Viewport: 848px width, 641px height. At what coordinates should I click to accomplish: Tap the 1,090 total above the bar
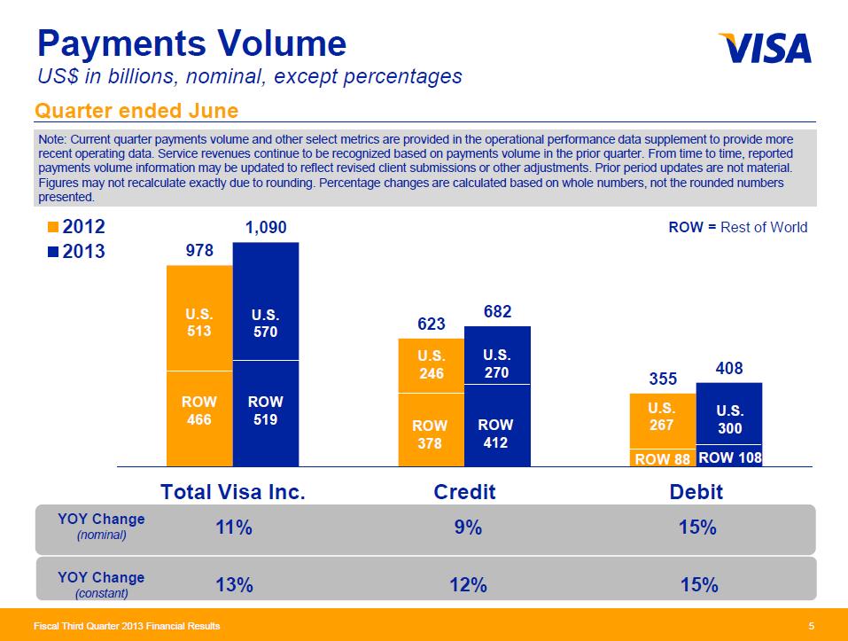click(266, 228)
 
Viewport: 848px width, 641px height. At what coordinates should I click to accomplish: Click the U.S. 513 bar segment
click(199, 323)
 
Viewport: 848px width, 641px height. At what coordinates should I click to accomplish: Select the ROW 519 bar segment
click(266, 410)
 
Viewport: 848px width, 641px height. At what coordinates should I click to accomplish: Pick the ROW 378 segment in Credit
click(430, 434)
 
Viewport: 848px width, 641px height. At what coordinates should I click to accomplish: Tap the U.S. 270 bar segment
click(496, 363)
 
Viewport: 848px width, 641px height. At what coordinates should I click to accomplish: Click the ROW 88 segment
click(662, 458)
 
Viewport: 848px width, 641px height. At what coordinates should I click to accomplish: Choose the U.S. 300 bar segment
click(729, 420)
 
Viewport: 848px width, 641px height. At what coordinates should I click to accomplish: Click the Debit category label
click(697, 491)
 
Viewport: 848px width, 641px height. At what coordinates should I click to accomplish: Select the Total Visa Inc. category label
click(232, 491)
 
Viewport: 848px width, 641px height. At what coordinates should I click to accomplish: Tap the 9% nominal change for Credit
click(468, 528)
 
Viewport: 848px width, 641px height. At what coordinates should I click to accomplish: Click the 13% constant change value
click(235, 584)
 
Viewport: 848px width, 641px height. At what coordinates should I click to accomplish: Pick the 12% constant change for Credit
click(468, 584)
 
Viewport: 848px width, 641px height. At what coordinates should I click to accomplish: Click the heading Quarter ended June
click(136, 110)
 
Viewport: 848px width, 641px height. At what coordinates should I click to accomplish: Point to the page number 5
click(811, 627)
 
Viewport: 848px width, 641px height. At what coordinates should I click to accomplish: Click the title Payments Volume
click(190, 43)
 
